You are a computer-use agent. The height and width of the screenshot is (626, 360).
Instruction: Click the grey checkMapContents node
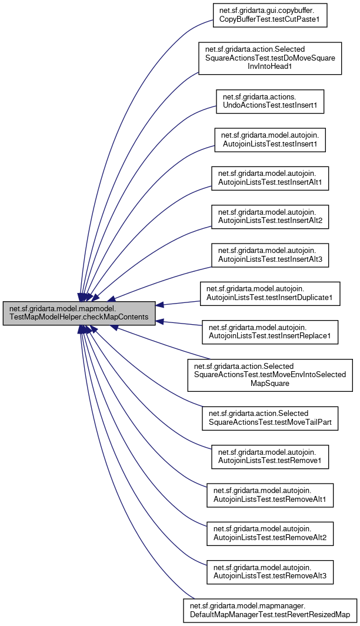(79, 312)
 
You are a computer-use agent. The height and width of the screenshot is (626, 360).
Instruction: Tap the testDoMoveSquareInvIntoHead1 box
(270, 58)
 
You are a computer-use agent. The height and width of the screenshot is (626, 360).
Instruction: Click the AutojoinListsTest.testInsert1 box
(270, 138)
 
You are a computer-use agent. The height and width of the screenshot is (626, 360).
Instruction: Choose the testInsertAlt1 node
(270, 177)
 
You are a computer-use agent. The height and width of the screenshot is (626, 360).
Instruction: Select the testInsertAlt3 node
(270, 254)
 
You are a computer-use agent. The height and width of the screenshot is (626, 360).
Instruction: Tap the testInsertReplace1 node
(270, 331)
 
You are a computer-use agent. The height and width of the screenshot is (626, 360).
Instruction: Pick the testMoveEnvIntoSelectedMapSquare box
(270, 374)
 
